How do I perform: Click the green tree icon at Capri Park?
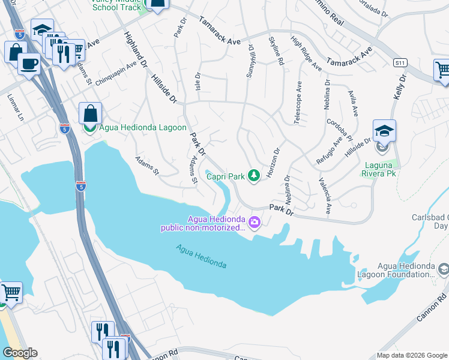[255, 175]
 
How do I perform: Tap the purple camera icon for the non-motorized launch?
[255, 223]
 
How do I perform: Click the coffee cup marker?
[29, 64]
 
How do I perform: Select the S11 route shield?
[400, 62]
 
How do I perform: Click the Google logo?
[20, 353]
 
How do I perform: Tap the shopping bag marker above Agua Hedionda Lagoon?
[89, 113]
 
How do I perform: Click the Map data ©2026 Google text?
[411, 355]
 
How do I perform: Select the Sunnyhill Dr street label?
[251, 62]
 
